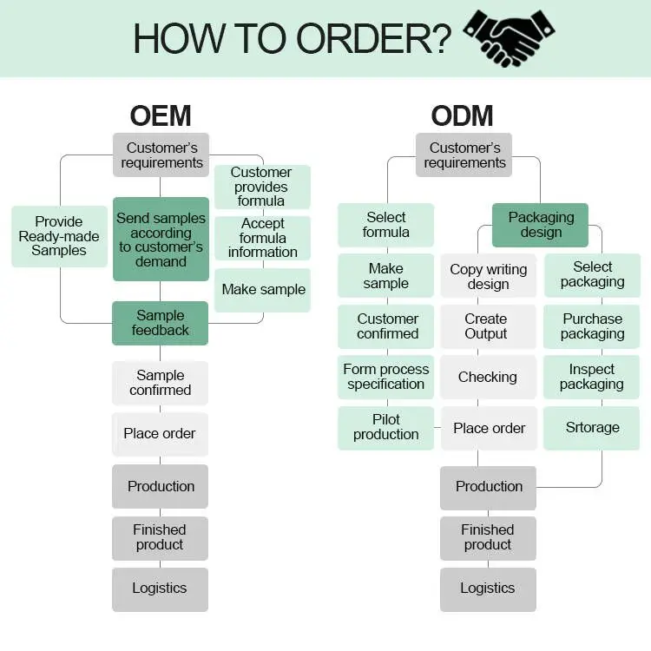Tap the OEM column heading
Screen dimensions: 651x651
pyautogui.click(x=161, y=115)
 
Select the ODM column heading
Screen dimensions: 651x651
pyautogui.click(x=463, y=115)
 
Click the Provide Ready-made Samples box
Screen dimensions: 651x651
pyautogui.click(x=59, y=236)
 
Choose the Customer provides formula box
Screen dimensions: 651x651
pyautogui.click(x=261, y=187)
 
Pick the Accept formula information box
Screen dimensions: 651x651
pyautogui.click(x=262, y=238)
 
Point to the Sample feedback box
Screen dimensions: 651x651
pyautogui.click(x=161, y=323)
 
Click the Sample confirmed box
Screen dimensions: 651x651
pyautogui.click(x=161, y=383)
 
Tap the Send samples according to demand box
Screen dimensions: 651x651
pyautogui.click(x=161, y=240)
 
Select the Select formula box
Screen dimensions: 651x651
pyautogui.click(x=386, y=225)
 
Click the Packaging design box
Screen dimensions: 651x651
pyautogui.click(x=541, y=225)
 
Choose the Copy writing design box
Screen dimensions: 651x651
pyautogui.click(x=489, y=277)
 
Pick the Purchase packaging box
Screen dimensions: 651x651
pyautogui.click(x=592, y=326)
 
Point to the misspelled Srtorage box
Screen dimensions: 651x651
pyautogui.click(x=592, y=428)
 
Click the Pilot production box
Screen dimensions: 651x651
pyautogui.click(x=386, y=427)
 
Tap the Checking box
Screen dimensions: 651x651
pyautogui.click(x=488, y=377)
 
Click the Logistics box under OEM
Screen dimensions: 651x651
pyautogui.click(x=160, y=589)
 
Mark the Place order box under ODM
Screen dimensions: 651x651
pyautogui.click(x=489, y=428)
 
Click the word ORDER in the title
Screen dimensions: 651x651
pyautogui.click(x=373, y=39)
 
